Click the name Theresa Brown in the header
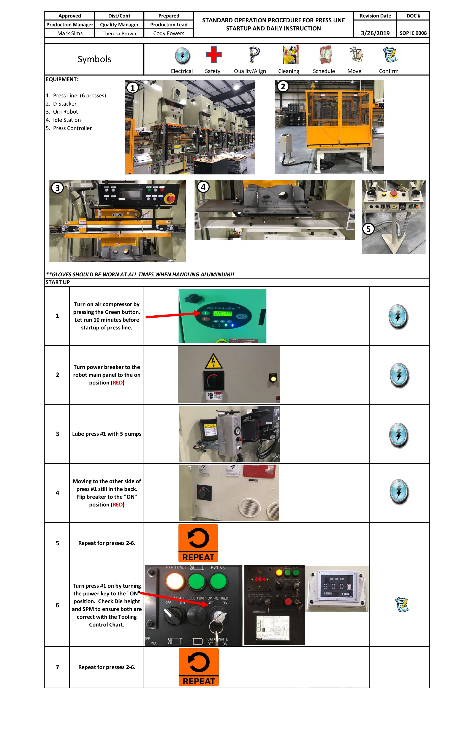[119, 33]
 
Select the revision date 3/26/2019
[375, 33]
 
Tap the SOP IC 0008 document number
[413, 33]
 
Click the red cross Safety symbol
[214, 55]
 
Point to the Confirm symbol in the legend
[390, 55]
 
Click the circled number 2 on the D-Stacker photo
[283, 86]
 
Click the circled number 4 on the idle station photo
[203, 187]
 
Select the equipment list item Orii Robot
[65, 112]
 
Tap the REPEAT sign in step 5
[198, 543]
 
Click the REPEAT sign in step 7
[199, 667]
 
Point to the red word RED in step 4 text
[117, 505]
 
